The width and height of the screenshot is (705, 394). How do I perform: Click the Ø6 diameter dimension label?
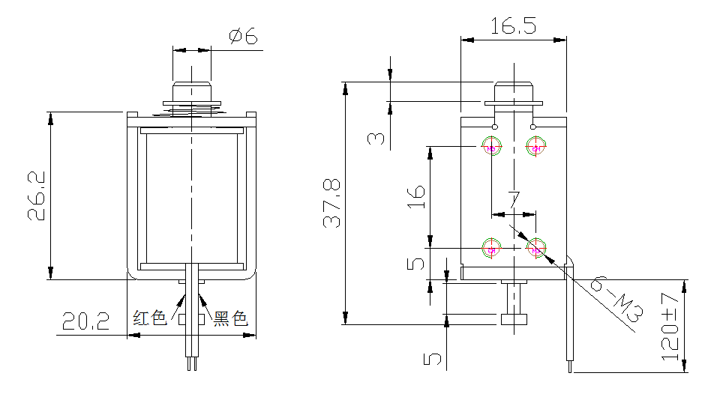243,36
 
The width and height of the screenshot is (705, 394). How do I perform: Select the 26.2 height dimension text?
37,196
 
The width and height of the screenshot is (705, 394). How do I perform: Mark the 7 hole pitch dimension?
514,200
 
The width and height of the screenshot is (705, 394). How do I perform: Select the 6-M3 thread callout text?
614,303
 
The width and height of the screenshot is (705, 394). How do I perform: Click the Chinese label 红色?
149,318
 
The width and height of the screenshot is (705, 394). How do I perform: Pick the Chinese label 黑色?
230,318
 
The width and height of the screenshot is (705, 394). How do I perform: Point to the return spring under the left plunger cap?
192,112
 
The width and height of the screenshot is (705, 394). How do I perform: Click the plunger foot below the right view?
514,320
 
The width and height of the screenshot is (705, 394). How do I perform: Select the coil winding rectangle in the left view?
192,198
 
